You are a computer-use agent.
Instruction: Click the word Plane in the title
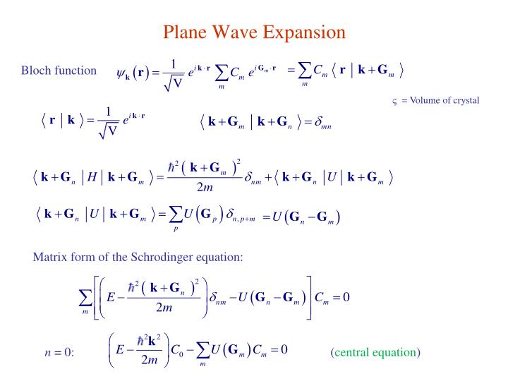pyautogui.click(x=185, y=32)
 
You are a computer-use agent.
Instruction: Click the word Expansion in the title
pyautogui.click(x=306, y=32)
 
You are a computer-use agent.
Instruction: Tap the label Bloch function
pyautogui.click(x=59, y=70)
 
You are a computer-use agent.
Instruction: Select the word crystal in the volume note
pyautogui.click(x=463, y=100)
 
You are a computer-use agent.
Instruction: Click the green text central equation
pyautogui.click(x=375, y=351)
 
